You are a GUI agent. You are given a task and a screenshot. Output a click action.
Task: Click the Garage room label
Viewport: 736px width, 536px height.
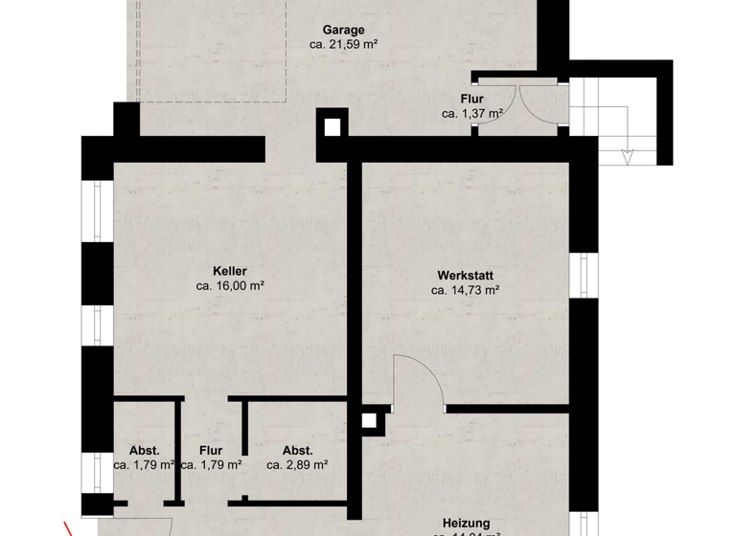click(x=343, y=30)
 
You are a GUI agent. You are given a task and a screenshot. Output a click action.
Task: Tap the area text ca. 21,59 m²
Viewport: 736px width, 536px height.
click(x=343, y=44)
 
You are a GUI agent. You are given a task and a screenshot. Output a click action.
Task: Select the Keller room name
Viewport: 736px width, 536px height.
click(x=230, y=271)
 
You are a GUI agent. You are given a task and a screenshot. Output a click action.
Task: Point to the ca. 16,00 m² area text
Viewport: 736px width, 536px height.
click(x=230, y=285)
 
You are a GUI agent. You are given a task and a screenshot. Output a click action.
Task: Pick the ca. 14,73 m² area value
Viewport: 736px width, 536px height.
click(x=465, y=289)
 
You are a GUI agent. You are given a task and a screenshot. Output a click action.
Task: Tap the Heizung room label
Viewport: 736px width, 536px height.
click(x=466, y=523)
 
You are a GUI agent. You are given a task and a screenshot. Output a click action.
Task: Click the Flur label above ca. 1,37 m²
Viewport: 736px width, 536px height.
click(x=471, y=99)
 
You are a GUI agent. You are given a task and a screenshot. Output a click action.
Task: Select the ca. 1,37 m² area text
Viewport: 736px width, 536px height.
click(x=472, y=113)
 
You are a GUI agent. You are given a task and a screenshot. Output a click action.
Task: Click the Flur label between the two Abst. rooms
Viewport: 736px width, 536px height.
click(x=211, y=451)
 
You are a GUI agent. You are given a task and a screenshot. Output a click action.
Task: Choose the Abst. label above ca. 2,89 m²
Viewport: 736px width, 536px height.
click(x=297, y=451)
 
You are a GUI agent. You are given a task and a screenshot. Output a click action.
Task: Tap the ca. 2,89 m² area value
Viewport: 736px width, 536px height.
click(x=297, y=465)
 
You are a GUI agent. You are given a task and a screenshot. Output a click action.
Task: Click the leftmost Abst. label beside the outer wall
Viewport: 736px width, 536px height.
click(x=144, y=451)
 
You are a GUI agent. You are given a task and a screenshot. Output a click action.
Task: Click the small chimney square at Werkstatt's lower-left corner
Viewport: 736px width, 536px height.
click(x=369, y=420)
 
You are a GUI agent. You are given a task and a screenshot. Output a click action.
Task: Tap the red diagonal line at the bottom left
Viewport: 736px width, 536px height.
click(x=70, y=528)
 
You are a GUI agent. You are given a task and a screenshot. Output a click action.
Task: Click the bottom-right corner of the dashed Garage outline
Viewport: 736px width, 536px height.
click(x=287, y=101)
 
